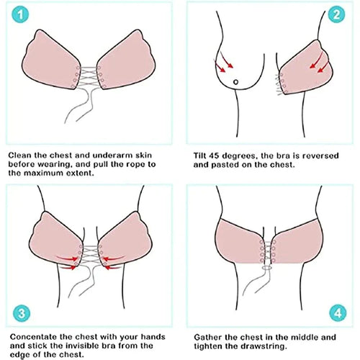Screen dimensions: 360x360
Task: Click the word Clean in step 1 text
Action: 22,154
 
